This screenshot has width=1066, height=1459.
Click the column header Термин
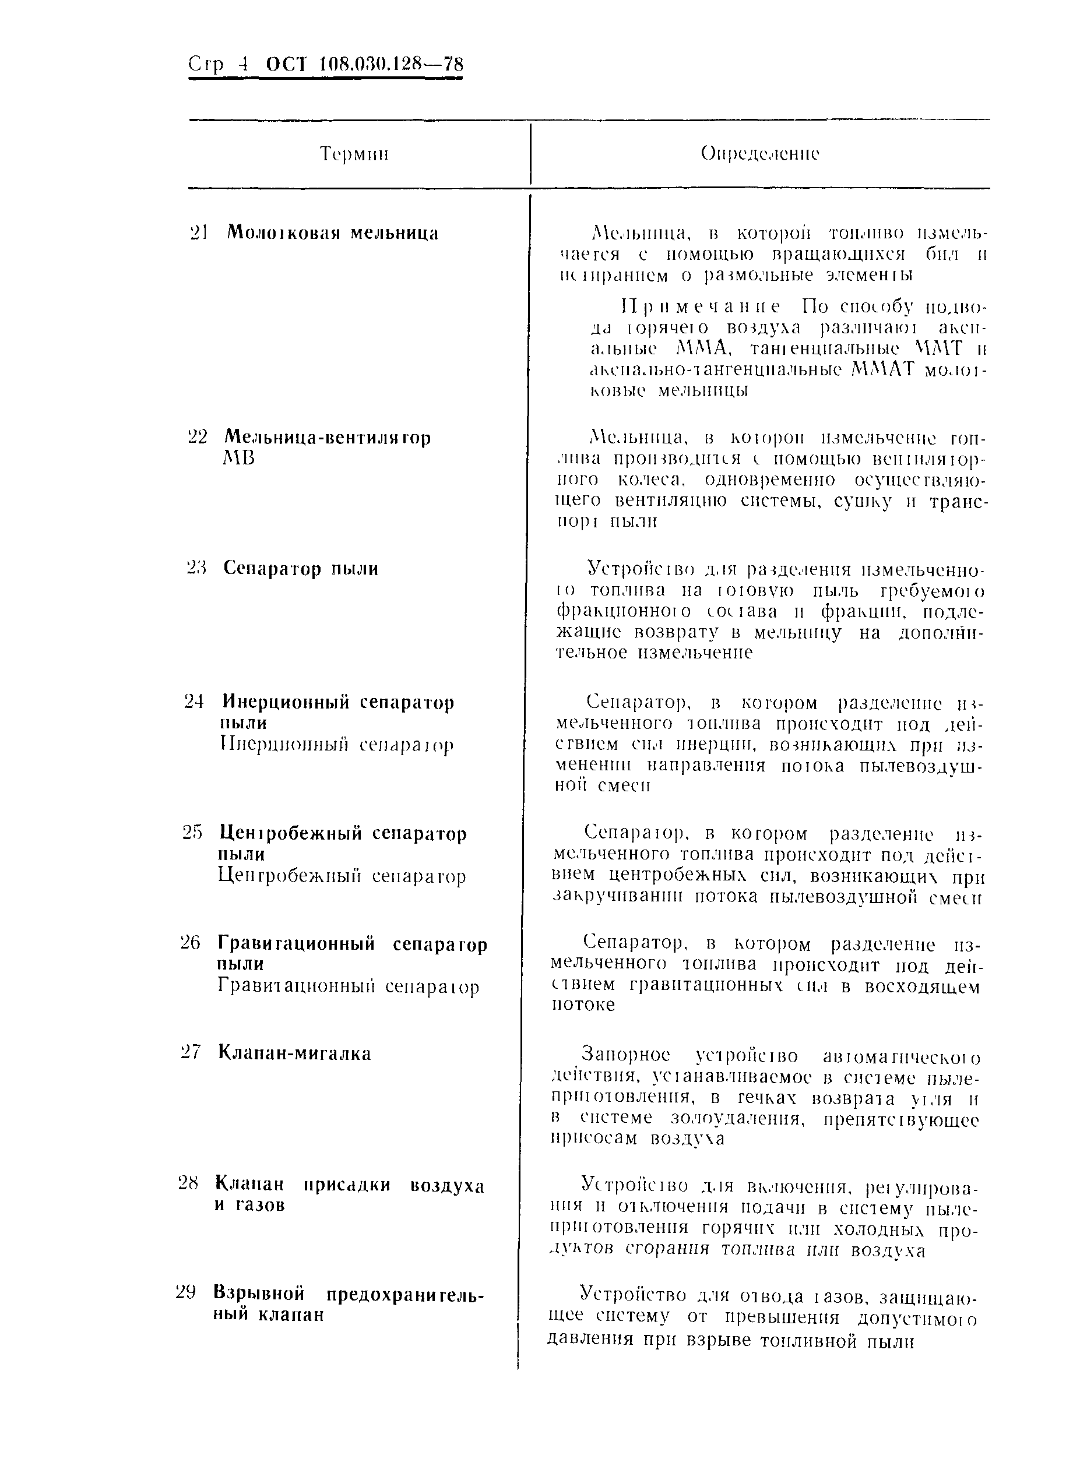[x=354, y=154]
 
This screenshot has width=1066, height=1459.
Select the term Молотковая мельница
[x=332, y=233]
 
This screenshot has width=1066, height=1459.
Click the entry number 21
[x=198, y=233]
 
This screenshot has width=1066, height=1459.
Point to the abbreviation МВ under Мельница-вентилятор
[x=238, y=458]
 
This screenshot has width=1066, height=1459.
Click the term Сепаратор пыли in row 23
[x=301, y=569]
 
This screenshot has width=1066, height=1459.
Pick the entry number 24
[x=194, y=702]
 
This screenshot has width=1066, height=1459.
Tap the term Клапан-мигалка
[x=294, y=1053]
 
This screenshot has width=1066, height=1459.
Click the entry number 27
[x=191, y=1053]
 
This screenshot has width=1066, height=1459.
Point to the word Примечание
[x=699, y=306]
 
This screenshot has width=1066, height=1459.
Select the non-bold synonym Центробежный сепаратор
[x=342, y=876]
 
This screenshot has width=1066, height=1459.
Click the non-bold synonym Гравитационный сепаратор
[x=349, y=987]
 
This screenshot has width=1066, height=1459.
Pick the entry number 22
[x=197, y=438]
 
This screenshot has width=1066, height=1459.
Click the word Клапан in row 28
[x=249, y=1185]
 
